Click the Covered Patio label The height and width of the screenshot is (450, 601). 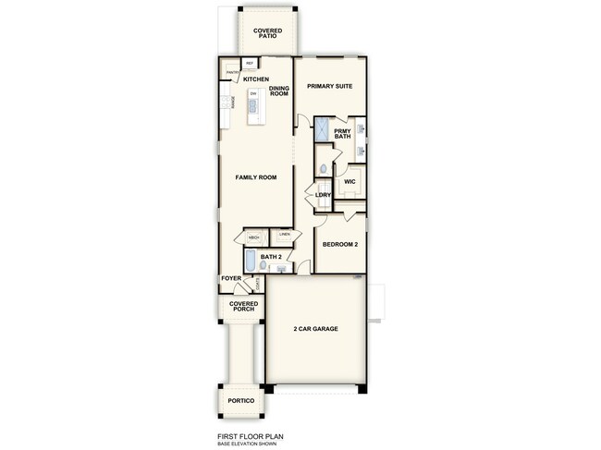click(268, 33)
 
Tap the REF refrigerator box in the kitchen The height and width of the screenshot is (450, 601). click(250, 63)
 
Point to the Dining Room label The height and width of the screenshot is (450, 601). click(280, 91)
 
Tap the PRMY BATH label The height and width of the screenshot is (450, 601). click(344, 134)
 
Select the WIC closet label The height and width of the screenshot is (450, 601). click(350, 182)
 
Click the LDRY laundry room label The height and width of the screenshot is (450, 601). click(324, 195)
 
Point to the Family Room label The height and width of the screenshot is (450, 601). click(256, 176)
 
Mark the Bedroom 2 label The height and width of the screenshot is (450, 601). click(338, 245)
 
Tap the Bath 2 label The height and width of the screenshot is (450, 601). click(270, 257)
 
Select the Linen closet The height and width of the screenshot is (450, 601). click(285, 236)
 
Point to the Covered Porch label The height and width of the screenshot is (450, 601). click(242, 307)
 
